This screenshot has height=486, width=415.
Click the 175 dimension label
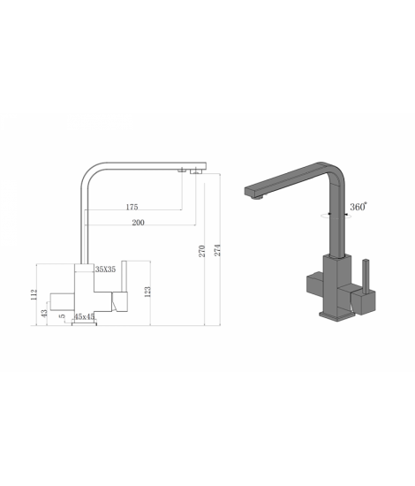point(132,207)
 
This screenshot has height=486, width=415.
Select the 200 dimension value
point(138,222)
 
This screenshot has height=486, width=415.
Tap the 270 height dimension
point(202,251)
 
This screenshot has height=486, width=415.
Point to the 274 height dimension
point(218,250)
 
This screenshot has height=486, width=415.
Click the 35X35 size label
point(105,269)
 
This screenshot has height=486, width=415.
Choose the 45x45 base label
point(84,316)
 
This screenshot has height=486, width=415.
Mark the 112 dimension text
point(34,294)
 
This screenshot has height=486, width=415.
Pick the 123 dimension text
point(147,292)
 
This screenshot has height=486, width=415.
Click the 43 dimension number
point(45,314)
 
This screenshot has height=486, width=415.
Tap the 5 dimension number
point(62,316)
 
